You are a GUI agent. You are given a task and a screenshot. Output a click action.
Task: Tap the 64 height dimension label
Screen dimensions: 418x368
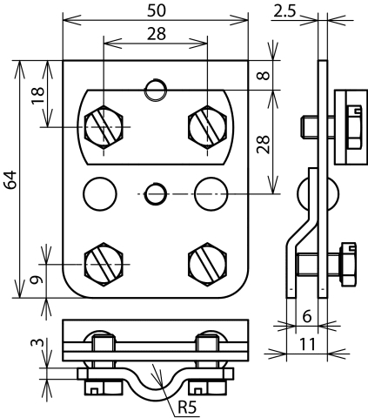[x=11, y=181]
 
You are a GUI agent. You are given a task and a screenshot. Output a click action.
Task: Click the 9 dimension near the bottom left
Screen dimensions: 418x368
[x=36, y=281]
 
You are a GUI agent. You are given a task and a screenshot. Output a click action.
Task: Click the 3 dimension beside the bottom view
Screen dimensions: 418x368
[x=36, y=345]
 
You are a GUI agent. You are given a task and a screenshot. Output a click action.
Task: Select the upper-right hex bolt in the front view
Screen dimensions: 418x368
[x=208, y=127]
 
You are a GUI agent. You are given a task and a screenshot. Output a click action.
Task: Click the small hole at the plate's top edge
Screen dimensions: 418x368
[x=156, y=89]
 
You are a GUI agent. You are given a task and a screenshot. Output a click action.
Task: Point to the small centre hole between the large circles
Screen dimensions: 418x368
[x=156, y=192]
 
